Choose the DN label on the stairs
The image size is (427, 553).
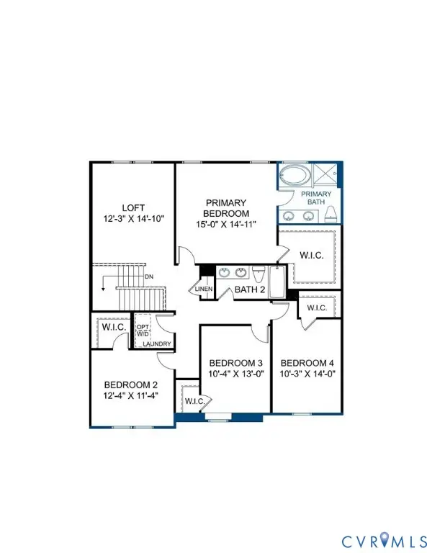pyautogui.click(x=148, y=277)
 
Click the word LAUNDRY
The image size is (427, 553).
pyautogui.click(x=156, y=343)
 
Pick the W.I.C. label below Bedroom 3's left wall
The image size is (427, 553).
pyautogui.click(x=195, y=401)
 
